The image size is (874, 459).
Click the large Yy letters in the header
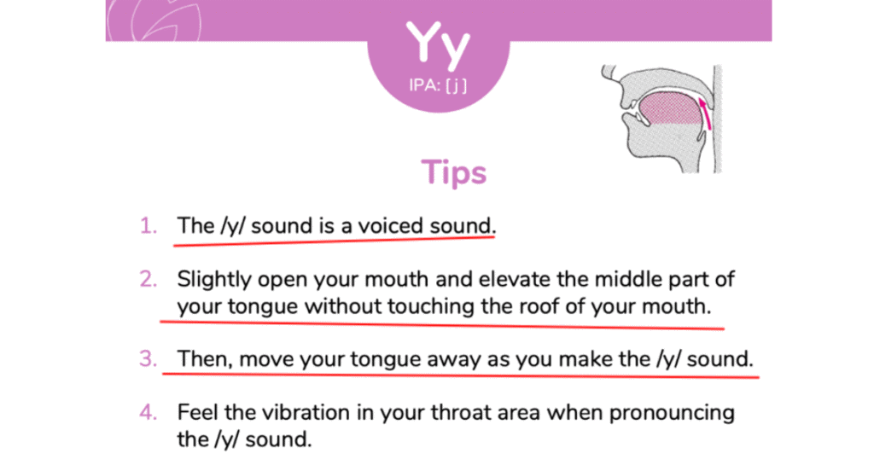pos(438,44)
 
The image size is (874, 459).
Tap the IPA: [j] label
pos(438,85)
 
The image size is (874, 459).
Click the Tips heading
pos(454,172)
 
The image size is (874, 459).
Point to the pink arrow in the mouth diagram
pos(705,113)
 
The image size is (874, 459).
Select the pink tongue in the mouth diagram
pos(669,108)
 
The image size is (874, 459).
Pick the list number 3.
pos(149,358)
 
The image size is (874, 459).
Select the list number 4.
pos(149,412)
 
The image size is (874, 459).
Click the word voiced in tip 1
pos(390,225)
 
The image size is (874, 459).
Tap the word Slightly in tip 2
pos(214,280)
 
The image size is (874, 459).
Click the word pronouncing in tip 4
pos(672,414)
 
